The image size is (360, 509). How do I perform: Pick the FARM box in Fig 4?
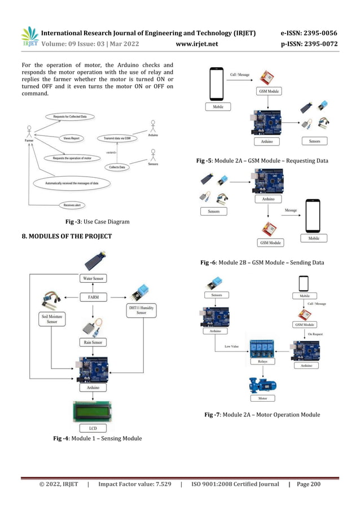pyautogui.click(x=94, y=296)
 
